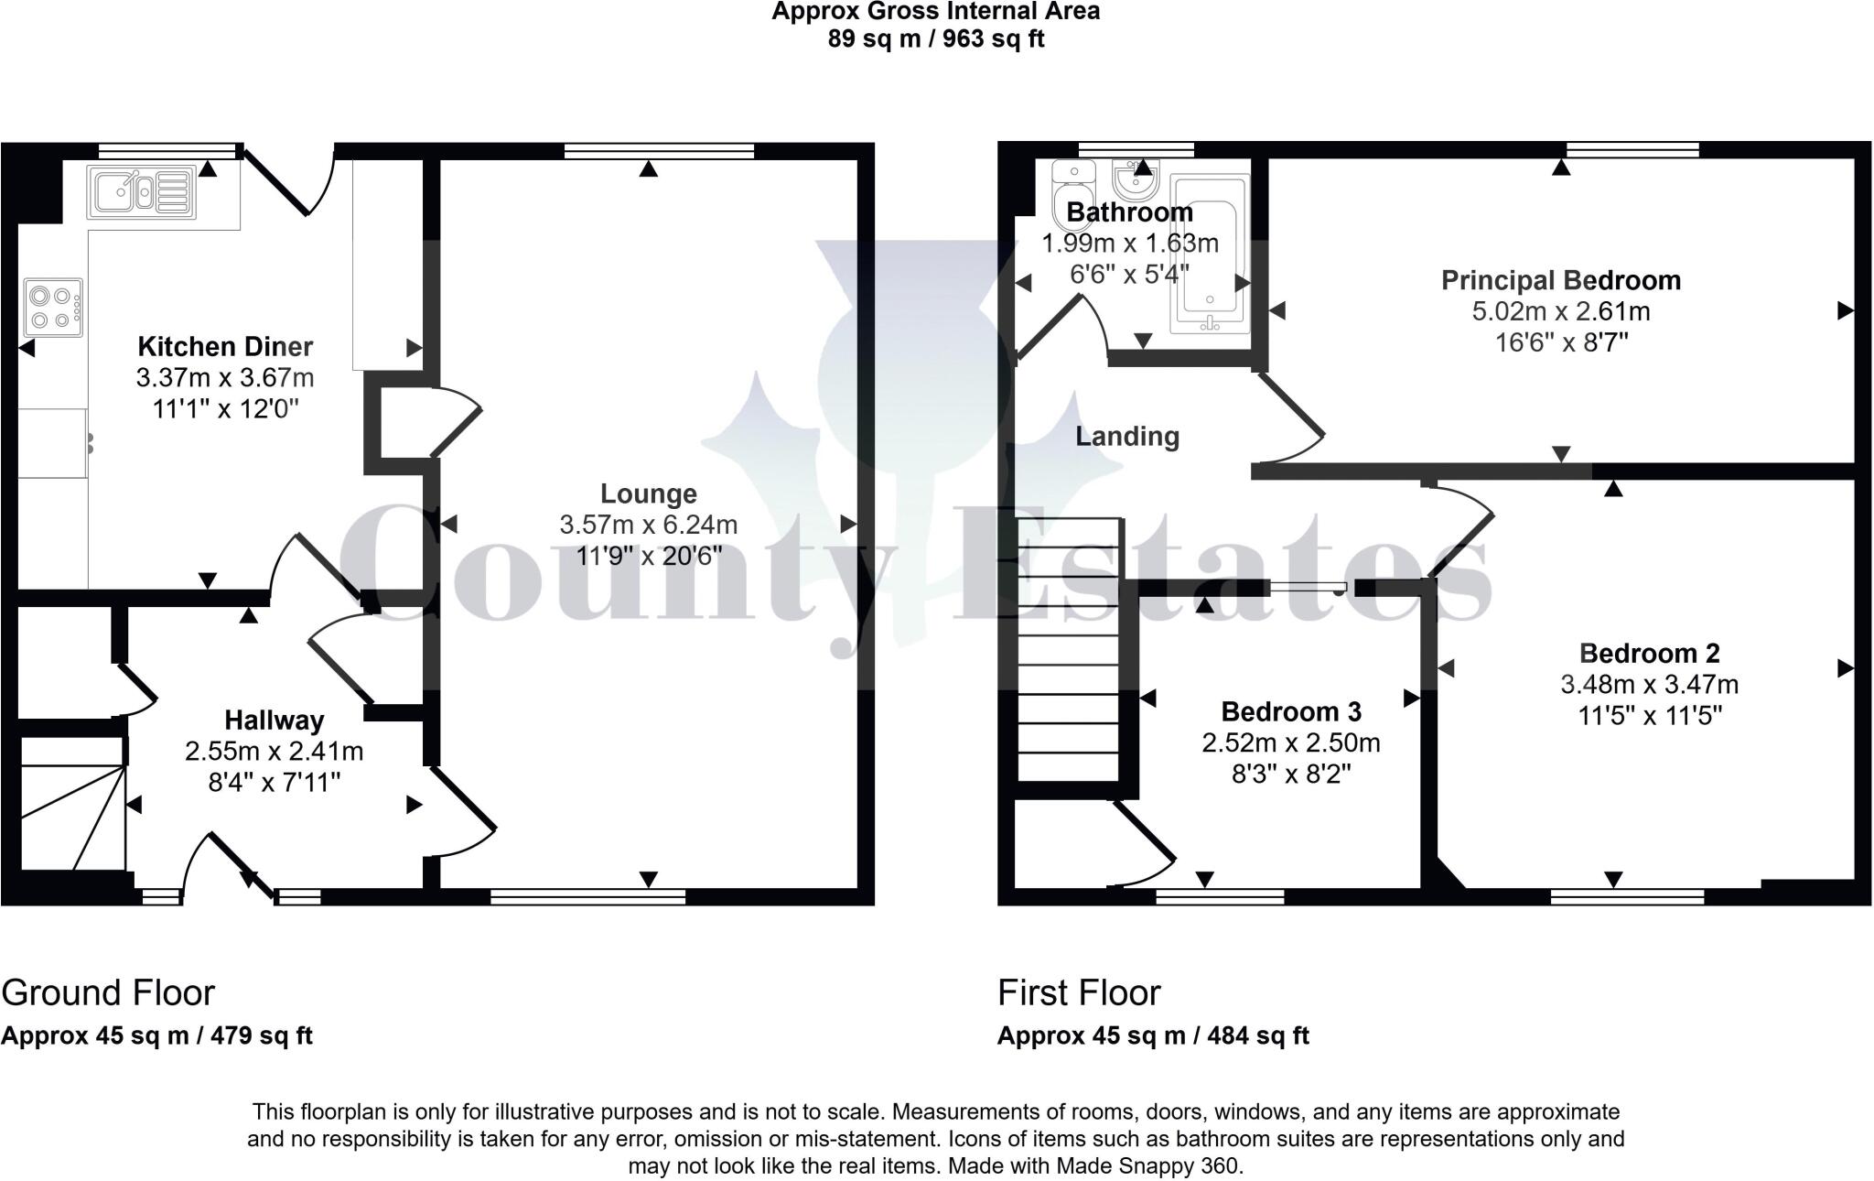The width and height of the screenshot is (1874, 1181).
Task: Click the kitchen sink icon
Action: click(141, 192)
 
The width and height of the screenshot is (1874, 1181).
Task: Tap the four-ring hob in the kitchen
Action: click(53, 308)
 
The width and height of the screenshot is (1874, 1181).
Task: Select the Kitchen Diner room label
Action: click(225, 347)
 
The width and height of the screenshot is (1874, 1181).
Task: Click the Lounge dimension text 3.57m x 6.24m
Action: click(648, 525)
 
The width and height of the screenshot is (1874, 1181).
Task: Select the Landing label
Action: click(1126, 437)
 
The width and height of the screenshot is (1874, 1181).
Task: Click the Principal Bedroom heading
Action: click(1560, 280)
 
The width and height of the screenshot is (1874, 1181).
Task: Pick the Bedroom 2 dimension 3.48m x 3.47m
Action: click(1649, 684)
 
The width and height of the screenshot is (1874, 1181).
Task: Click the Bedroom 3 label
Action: click(1290, 711)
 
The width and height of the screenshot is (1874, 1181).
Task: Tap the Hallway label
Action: click(274, 721)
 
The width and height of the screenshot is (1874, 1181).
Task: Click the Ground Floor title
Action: click(108, 992)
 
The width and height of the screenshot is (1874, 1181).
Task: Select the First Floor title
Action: click(1079, 992)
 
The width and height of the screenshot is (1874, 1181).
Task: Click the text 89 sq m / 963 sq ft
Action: click(935, 39)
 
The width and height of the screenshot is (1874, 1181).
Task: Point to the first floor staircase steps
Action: click(1068, 650)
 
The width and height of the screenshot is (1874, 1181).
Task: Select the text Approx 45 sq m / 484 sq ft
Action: click(1152, 1035)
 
